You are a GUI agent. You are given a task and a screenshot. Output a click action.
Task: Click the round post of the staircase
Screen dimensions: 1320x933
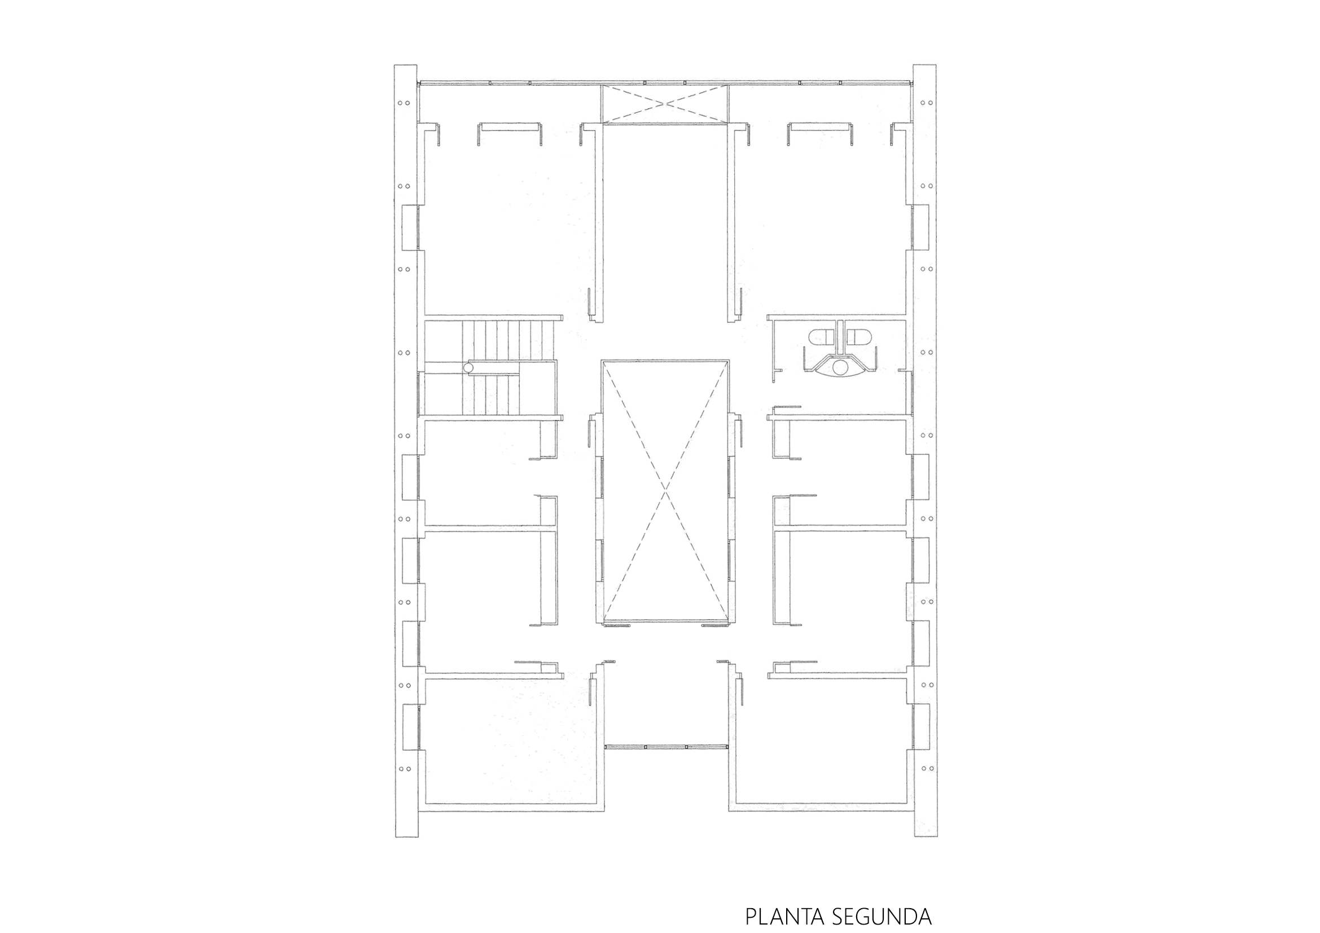coord(469,367)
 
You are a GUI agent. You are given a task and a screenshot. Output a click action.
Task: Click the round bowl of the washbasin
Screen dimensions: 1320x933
coord(840,366)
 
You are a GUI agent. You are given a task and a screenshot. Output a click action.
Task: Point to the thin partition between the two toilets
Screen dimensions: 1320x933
coord(840,336)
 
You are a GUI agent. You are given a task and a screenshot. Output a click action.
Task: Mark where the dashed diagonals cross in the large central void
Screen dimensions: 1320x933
coord(665,493)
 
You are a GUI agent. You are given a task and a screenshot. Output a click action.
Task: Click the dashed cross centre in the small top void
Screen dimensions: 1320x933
coord(665,103)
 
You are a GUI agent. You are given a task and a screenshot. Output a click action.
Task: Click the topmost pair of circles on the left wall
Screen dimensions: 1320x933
coord(404,103)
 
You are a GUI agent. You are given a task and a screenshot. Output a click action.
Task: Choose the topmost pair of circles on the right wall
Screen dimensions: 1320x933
coord(926,103)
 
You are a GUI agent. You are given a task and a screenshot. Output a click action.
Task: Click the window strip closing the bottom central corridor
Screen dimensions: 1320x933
coord(666,746)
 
